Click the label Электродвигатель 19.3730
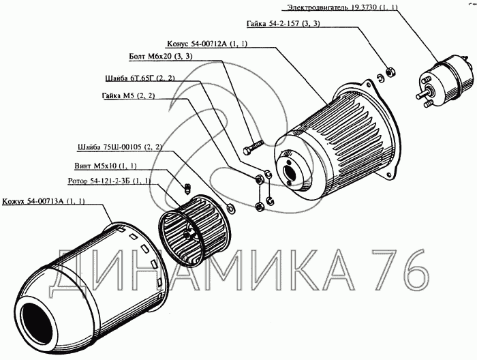343,7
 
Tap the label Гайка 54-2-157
283,24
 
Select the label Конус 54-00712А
207,44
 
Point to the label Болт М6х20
161,57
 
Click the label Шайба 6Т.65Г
140,78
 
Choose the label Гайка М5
128,96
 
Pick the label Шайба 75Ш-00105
120,147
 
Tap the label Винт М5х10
106,166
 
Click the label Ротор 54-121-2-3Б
110,181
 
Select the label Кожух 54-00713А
44,201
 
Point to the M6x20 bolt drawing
253,147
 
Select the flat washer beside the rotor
230,209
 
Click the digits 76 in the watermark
399,269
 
